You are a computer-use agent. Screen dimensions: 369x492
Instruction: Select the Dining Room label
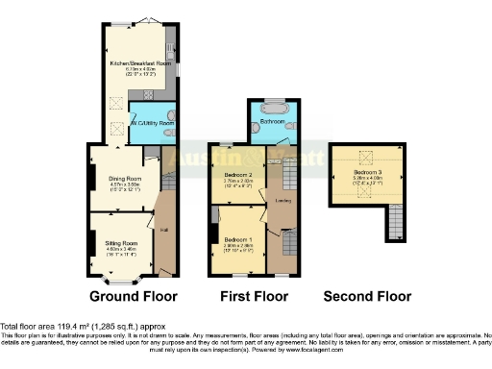pyautogui.click(x=125, y=179)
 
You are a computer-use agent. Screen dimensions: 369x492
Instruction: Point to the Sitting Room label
pyautogui.click(x=120, y=245)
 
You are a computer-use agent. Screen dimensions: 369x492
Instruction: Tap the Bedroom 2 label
pyautogui.click(x=237, y=175)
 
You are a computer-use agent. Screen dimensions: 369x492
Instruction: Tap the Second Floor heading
pyautogui.click(x=367, y=296)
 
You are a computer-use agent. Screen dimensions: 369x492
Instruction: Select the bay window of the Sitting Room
pyautogui.click(x=121, y=280)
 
